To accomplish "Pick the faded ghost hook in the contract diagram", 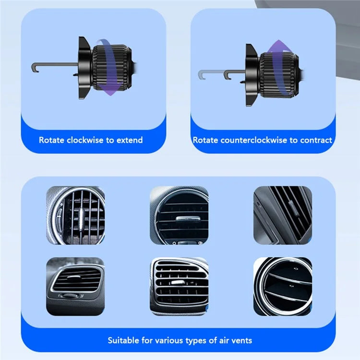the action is point(211,74).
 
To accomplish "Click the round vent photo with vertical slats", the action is point(75,215).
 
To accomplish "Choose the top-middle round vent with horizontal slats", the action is point(180,215).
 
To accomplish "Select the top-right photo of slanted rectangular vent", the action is point(283,215).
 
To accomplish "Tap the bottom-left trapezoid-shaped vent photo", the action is point(75,286).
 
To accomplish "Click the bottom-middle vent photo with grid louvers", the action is point(180,286).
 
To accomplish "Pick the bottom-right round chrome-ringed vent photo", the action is point(283,286).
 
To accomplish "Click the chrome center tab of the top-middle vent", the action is point(188,219).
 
